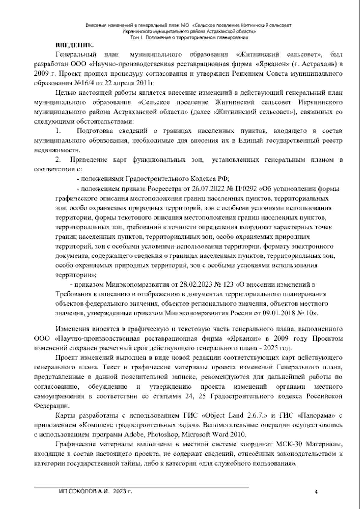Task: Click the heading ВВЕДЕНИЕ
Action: (x=75, y=45)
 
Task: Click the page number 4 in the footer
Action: (x=316, y=491)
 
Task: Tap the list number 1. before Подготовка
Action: (x=58, y=131)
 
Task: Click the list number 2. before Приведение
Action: (x=58, y=160)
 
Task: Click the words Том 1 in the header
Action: (x=137, y=38)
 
